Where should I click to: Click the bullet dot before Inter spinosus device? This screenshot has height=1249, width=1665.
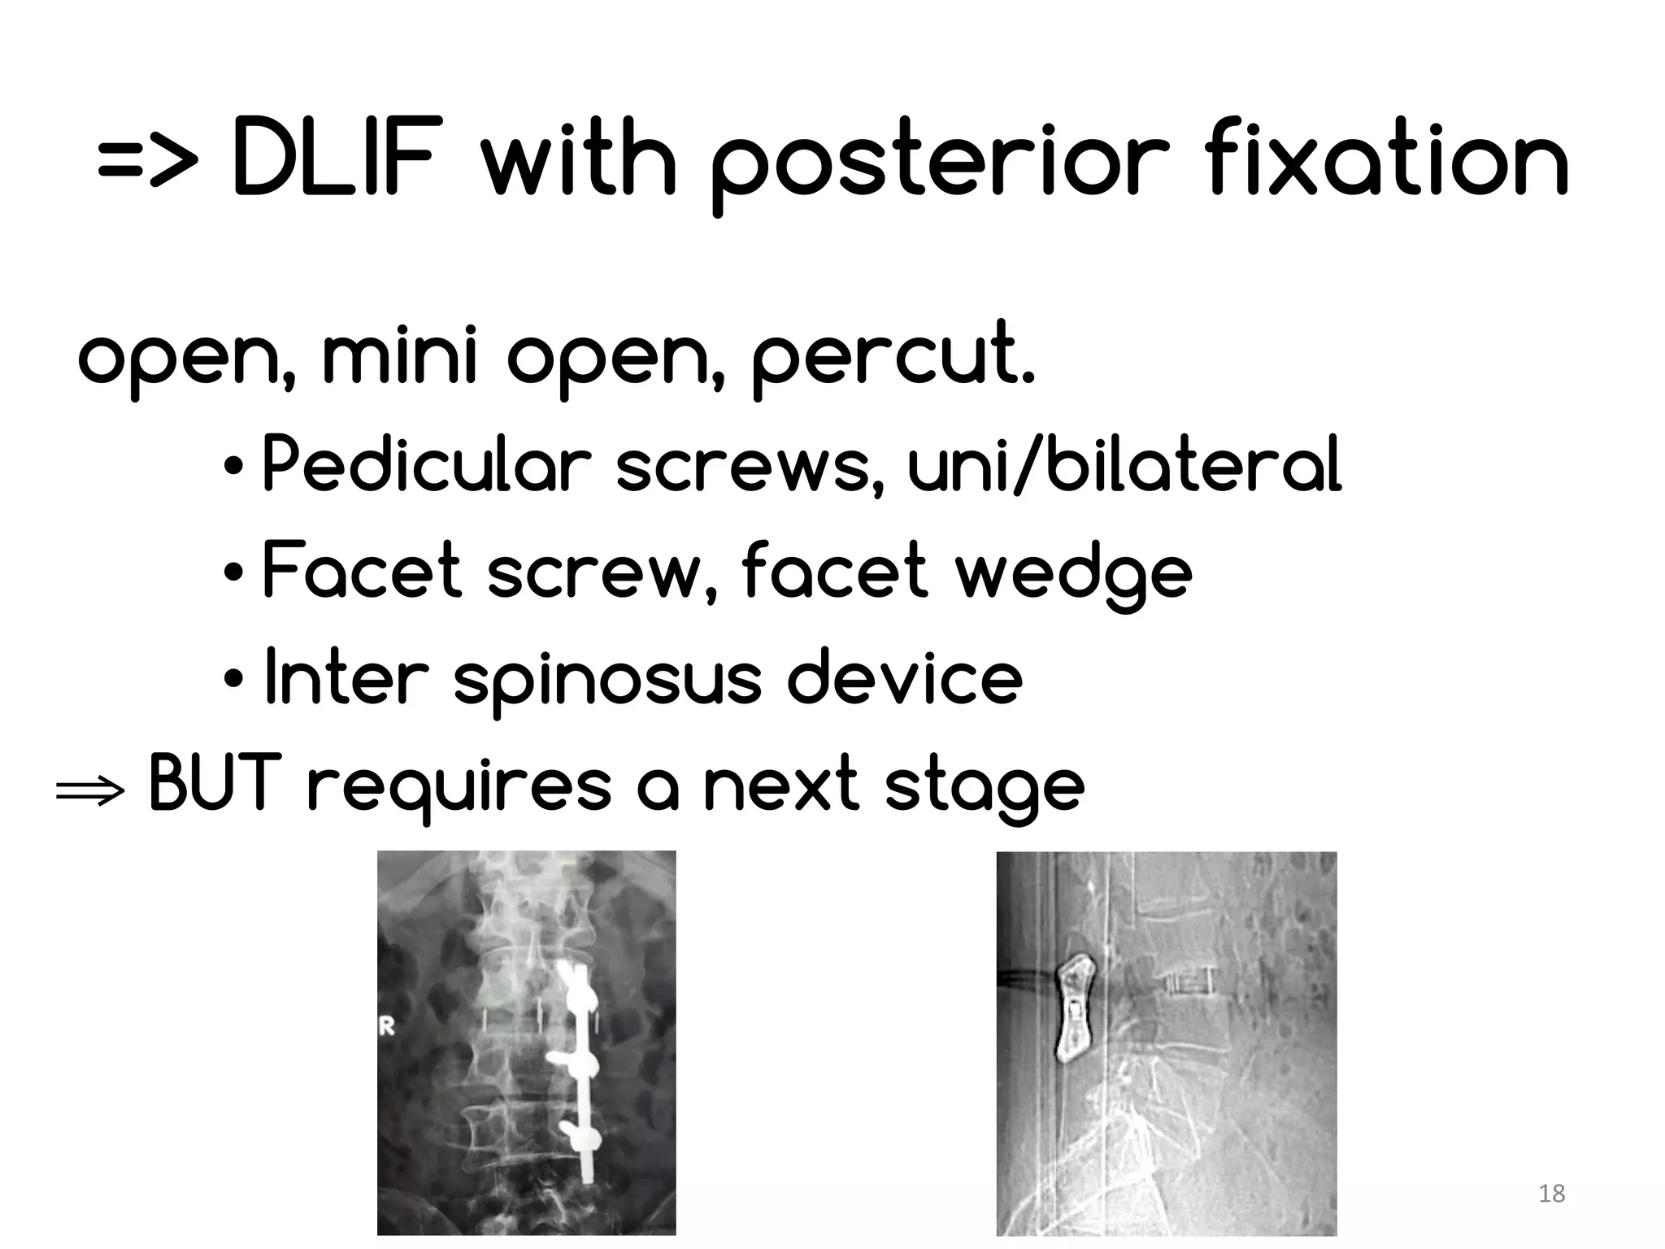point(233,678)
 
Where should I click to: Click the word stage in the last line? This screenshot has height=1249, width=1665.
point(984,789)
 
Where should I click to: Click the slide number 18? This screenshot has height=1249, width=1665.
point(1552,1194)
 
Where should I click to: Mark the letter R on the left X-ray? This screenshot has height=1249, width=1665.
point(387,1027)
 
